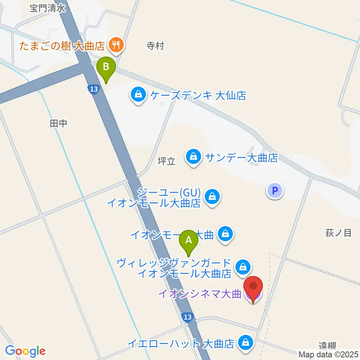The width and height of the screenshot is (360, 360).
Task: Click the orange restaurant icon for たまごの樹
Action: (114, 46)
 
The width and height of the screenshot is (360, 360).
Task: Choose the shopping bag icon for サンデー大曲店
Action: (193, 157)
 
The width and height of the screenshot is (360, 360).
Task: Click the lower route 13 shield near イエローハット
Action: (188, 317)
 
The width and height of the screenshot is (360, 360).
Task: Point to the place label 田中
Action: (58, 123)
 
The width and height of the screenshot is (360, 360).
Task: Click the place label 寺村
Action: (155, 46)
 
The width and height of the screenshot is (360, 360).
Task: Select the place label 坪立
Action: (166, 162)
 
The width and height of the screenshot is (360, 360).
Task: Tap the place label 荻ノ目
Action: (338, 233)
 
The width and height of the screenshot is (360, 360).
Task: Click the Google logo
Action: (25, 351)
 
